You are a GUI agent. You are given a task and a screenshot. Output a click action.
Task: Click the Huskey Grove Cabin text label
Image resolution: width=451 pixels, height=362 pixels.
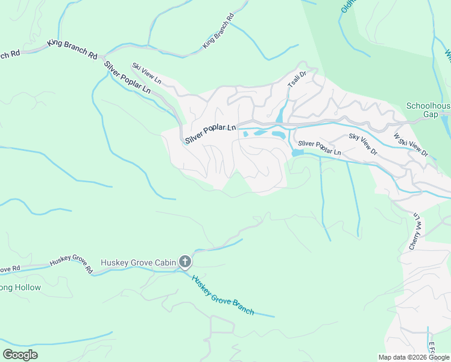point(138,262)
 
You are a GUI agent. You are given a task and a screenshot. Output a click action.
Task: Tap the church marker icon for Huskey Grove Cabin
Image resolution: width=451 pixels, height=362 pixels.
point(185,262)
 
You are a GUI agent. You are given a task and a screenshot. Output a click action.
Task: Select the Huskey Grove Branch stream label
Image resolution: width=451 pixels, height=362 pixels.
point(223,294)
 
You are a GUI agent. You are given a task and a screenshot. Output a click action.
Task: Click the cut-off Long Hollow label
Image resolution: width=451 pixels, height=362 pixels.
point(20,287)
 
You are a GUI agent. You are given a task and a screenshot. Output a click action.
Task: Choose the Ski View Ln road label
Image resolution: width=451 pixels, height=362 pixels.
point(147,72)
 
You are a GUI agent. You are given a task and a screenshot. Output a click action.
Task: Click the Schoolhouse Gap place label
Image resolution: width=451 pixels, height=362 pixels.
point(428,110)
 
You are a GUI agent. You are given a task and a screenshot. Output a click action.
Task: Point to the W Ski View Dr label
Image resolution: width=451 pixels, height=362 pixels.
point(411,145)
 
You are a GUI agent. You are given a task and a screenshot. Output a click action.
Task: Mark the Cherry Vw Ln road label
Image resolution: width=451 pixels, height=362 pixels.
point(415,231)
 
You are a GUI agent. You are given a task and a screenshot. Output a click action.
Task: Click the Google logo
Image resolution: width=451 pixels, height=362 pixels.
point(20,355)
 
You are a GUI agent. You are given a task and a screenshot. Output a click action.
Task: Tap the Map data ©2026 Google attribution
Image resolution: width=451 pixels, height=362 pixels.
point(414,357)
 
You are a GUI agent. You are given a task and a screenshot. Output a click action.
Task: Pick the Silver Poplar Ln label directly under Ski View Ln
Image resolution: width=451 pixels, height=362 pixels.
point(127,77)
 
